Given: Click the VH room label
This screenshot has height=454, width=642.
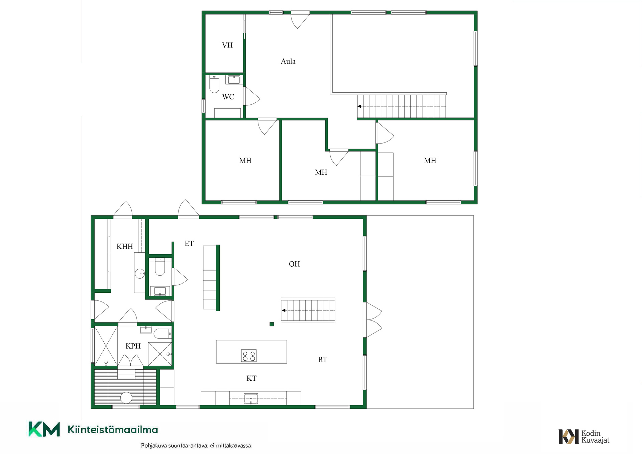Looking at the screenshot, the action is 227,45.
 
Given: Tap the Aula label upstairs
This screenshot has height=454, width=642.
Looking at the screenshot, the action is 288,61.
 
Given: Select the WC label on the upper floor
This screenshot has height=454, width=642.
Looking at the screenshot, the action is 228,97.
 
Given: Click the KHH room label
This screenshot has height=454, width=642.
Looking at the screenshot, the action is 125,247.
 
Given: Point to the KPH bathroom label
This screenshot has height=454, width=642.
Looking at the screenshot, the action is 133,346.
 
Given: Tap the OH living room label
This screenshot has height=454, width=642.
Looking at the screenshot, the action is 294,264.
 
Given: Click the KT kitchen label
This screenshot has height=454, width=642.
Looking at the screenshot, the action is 251,378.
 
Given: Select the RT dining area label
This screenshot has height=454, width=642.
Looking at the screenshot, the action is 322,360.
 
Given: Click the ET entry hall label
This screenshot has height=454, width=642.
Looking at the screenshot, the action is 189,244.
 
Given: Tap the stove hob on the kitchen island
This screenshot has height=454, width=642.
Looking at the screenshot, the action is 249,356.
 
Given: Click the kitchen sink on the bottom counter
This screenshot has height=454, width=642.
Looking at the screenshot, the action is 251,398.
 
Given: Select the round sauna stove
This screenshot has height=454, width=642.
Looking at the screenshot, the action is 126,397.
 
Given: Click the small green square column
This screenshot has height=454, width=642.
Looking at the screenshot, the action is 272,324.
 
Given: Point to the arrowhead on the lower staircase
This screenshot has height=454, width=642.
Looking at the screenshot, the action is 284,310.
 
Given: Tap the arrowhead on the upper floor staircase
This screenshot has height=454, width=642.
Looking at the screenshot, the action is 359,106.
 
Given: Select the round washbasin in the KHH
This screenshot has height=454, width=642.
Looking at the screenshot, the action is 140,274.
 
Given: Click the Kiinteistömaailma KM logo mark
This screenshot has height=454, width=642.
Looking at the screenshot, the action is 44,429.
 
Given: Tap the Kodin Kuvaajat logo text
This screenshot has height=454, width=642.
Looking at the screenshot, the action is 595,437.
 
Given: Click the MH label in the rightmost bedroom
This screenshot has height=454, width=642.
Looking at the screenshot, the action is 430,161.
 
